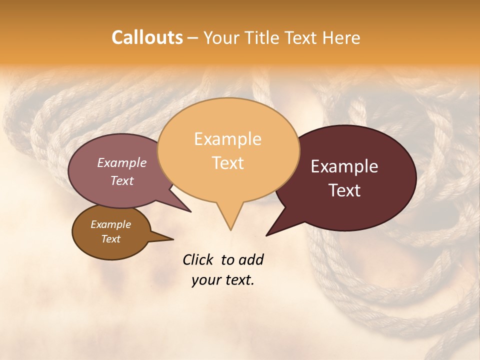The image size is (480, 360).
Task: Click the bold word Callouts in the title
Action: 147,37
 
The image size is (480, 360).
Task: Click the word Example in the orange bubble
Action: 227,139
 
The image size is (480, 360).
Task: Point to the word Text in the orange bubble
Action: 228,163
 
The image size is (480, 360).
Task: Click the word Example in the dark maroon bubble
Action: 344,166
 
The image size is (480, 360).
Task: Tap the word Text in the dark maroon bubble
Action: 345,190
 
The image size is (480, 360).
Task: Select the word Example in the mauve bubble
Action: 122,162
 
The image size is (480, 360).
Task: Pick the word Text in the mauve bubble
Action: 122,180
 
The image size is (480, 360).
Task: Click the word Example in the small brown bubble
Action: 110,224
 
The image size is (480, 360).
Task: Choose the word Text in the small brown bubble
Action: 110,239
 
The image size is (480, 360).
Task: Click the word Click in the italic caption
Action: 198,259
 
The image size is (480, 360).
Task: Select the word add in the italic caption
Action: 251,259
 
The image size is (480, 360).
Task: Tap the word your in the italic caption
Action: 205,280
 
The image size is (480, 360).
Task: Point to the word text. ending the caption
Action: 238,280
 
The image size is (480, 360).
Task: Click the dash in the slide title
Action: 193,38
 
